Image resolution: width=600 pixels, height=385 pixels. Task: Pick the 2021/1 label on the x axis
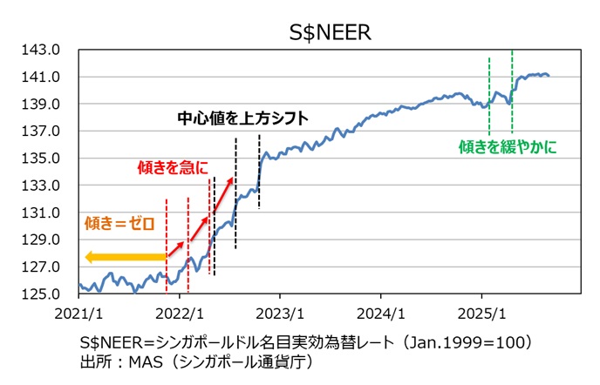point(78,312)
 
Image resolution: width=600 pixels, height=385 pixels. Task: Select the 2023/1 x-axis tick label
point(280,312)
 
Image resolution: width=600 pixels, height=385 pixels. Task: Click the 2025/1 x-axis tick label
point(481,312)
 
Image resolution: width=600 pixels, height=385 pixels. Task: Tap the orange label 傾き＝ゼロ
point(119,224)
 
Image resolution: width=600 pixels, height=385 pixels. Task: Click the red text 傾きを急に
point(174,165)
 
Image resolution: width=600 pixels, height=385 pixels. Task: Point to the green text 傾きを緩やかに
point(508,148)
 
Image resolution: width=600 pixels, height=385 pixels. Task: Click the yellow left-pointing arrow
point(125,257)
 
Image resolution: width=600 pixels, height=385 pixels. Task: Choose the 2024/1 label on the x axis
point(381,312)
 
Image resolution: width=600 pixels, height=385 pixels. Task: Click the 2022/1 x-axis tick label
point(180,312)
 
